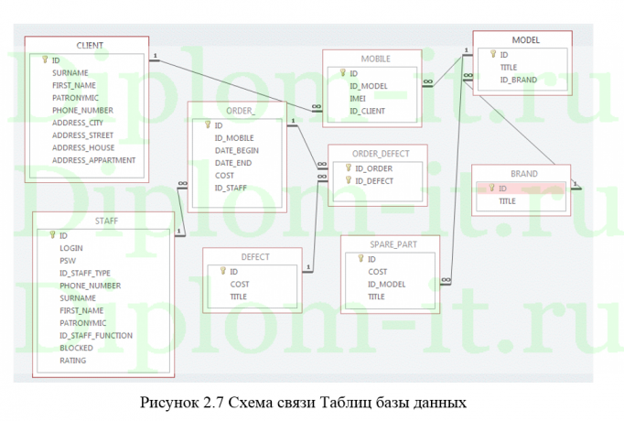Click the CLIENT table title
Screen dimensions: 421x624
click(x=89, y=45)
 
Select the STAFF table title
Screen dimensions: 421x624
click(x=105, y=221)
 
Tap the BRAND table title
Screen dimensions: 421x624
click(x=524, y=173)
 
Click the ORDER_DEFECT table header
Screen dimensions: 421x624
click(x=375, y=153)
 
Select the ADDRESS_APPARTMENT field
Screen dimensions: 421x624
click(x=93, y=159)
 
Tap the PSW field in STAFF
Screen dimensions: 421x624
click(x=67, y=260)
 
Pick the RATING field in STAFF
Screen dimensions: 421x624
click(x=72, y=361)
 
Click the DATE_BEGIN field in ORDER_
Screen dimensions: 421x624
click(x=236, y=150)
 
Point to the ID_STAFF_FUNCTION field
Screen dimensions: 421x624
click(x=95, y=335)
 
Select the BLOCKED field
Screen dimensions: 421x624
click(x=76, y=348)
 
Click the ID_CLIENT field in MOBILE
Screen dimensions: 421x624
click(x=367, y=111)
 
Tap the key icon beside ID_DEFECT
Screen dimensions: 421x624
click(x=347, y=181)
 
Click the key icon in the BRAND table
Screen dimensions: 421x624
click(x=490, y=189)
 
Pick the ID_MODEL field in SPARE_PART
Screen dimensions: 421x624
click(x=385, y=285)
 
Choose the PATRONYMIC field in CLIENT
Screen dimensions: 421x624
click(x=75, y=97)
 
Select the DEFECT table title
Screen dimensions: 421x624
click(x=254, y=257)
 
